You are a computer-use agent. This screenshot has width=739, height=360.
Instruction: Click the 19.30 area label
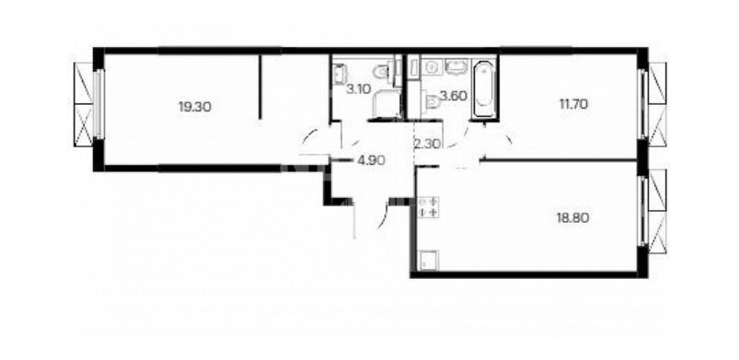[x=195, y=107]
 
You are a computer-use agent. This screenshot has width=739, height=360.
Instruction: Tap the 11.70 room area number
[x=573, y=104]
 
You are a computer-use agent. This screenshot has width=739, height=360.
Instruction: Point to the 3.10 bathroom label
[x=358, y=88]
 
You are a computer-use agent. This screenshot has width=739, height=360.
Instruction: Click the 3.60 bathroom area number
[x=454, y=97]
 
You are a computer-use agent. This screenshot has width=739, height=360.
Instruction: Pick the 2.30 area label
[x=426, y=144]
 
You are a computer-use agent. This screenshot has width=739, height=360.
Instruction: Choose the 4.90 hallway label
[x=372, y=160]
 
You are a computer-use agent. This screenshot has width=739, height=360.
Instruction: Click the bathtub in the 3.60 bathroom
[x=484, y=89]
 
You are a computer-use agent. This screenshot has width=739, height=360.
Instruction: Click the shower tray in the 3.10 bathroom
[x=386, y=103]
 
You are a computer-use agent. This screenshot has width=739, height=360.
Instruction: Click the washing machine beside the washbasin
[x=431, y=67]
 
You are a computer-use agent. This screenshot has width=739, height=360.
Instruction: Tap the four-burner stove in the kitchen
[x=429, y=207]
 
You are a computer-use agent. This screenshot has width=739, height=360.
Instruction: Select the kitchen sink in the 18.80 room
[x=429, y=261]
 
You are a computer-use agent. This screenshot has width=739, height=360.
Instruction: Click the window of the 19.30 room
[x=98, y=104]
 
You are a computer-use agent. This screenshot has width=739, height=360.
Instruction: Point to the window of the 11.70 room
[x=642, y=104]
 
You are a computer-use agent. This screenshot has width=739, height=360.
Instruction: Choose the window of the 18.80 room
[x=642, y=211]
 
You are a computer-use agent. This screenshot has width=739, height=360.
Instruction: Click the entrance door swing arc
[x=384, y=216]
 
